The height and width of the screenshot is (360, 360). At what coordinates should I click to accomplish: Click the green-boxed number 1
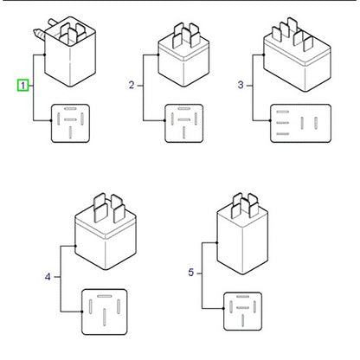[22, 86]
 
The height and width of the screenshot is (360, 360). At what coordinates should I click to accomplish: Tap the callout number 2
[132, 85]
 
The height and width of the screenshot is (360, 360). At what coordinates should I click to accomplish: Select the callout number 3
[241, 85]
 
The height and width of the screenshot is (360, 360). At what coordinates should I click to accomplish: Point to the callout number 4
[48, 277]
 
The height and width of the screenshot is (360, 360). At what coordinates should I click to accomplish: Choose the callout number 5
[191, 273]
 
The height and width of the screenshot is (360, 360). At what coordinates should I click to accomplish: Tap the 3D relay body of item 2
[183, 58]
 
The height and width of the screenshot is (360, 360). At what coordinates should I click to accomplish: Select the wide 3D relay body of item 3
[297, 58]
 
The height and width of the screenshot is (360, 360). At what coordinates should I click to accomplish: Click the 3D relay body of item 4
[106, 236]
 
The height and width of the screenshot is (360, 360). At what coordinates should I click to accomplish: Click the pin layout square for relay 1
[70, 123]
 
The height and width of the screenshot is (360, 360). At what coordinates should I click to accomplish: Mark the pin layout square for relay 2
[184, 123]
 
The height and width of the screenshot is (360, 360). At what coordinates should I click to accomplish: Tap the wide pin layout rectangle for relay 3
[300, 123]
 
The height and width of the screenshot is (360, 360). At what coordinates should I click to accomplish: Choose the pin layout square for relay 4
[105, 312]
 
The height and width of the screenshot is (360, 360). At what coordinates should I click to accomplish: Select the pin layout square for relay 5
[243, 312]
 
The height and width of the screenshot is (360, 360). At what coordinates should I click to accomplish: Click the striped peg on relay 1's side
[39, 34]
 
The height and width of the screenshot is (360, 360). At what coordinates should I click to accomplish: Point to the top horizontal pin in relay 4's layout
[105, 296]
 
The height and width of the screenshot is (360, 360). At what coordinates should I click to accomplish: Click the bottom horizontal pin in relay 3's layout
[283, 134]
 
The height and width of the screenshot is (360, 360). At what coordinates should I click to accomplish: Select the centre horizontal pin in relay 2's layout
[184, 119]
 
